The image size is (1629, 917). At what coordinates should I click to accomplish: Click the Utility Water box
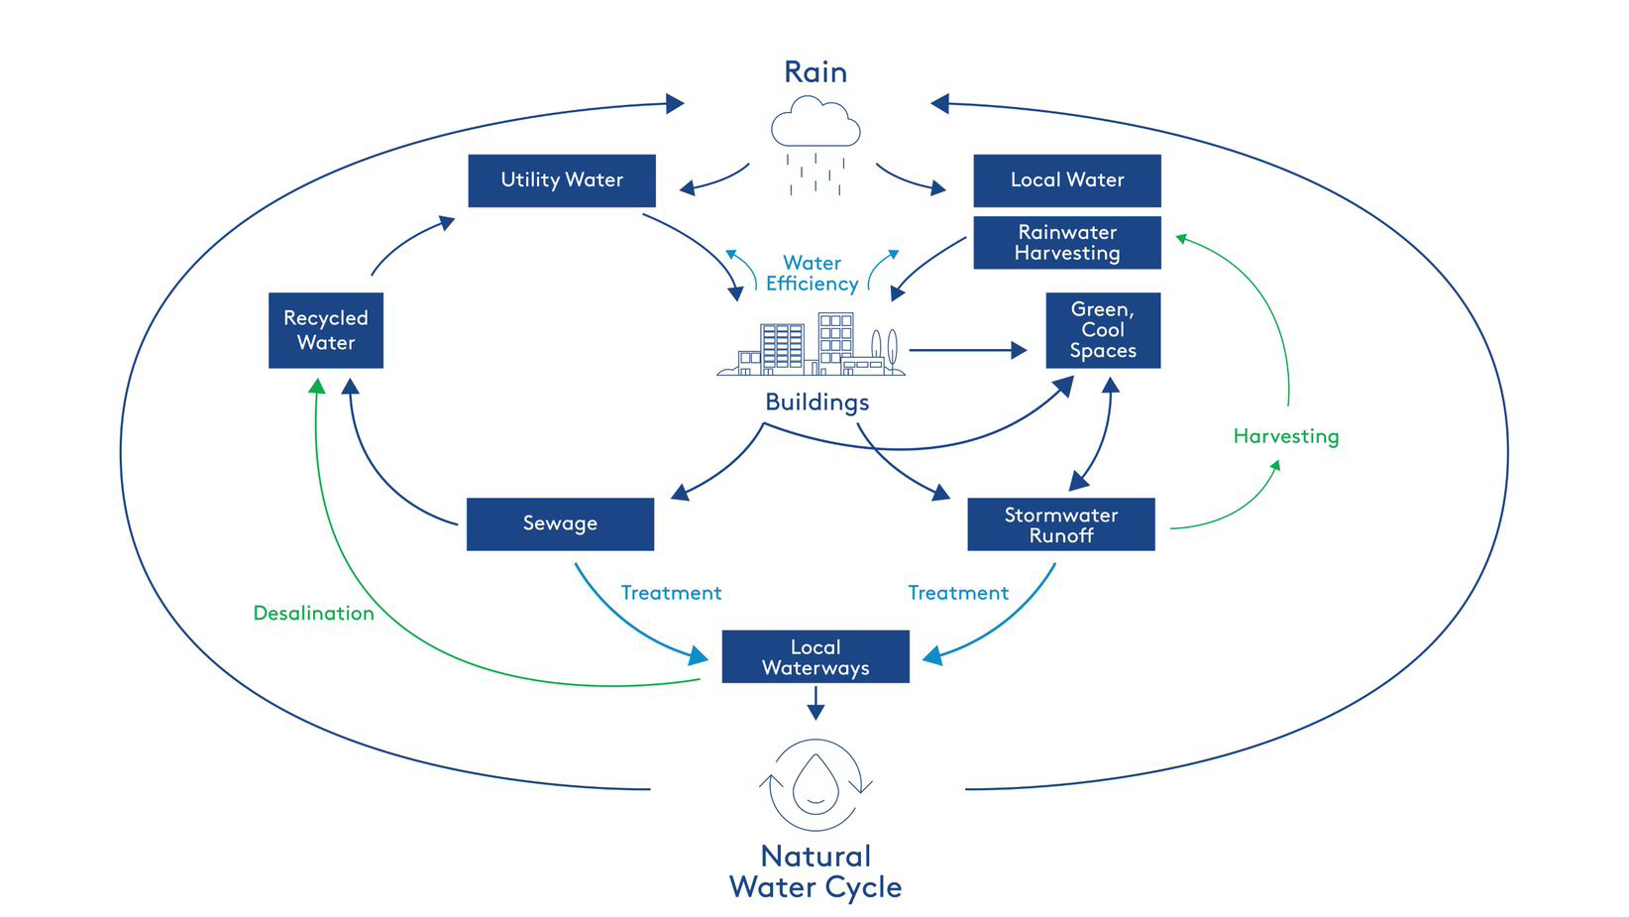coord(561,180)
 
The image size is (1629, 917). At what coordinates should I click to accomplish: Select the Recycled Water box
coord(325,330)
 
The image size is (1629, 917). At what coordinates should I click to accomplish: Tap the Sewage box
coord(560,523)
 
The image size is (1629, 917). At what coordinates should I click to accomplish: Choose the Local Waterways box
coord(814,656)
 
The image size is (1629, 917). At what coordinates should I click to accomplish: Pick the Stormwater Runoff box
coord(1060,524)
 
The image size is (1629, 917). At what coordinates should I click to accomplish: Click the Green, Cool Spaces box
coord(1102,330)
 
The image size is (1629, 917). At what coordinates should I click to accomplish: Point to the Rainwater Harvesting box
coord(1066,243)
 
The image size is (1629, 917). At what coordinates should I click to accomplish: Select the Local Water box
coord(1066,180)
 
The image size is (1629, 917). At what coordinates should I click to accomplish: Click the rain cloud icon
coord(815,124)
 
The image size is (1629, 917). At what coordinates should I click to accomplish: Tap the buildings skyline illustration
coord(811,347)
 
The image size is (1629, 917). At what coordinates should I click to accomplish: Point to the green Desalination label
coord(313,613)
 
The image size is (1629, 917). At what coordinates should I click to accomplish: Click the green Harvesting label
coord(1285,436)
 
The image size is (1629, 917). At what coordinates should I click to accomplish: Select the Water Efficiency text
coord(812,274)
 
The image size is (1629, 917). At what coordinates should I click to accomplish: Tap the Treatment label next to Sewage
coord(671,593)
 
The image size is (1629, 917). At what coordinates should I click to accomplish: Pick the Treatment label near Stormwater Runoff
coord(957,593)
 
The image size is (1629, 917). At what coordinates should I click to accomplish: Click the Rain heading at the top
coord(814,72)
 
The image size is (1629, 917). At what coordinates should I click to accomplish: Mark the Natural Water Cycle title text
coord(814,871)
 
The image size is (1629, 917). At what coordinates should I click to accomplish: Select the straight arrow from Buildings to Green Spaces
coord(967,350)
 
